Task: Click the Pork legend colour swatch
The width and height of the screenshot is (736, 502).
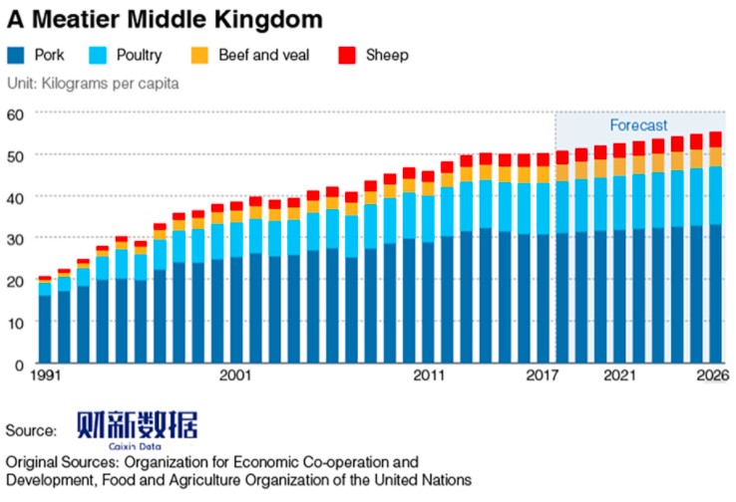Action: click(x=16, y=56)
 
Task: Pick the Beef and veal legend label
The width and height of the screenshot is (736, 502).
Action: click(x=263, y=56)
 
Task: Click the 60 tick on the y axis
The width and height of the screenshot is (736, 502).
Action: click(x=15, y=114)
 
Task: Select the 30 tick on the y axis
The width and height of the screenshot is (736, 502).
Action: click(x=15, y=239)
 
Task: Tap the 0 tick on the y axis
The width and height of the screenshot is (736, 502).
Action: click(x=19, y=365)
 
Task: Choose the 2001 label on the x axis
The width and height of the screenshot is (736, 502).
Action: click(x=235, y=376)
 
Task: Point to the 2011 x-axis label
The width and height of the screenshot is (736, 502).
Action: click(x=429, y=376)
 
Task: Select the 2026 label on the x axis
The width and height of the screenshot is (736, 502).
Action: click(x=714, y=376)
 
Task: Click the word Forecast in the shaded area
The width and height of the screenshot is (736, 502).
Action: click(x=639, y=125)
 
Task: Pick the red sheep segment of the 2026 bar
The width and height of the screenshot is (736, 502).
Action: click(x=714, y=139)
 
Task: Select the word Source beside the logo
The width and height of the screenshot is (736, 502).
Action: click(x=31, y=430)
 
